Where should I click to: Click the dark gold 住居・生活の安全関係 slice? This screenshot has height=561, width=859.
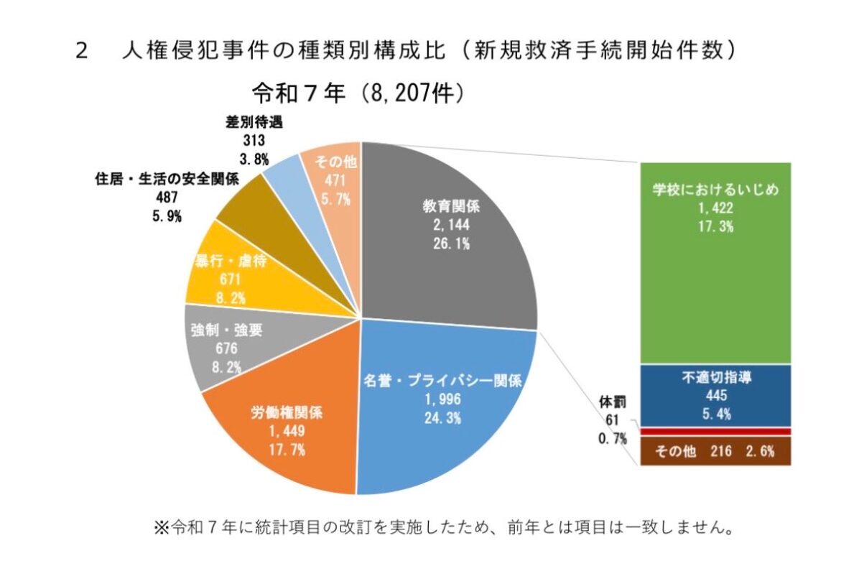point(248,208)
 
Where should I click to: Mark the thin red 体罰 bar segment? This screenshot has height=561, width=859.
point(715,431)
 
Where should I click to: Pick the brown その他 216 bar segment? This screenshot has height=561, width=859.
point(715,452)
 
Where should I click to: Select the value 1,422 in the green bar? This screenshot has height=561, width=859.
point(715,209)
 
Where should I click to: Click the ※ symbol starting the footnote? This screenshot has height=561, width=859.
point(160,529)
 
